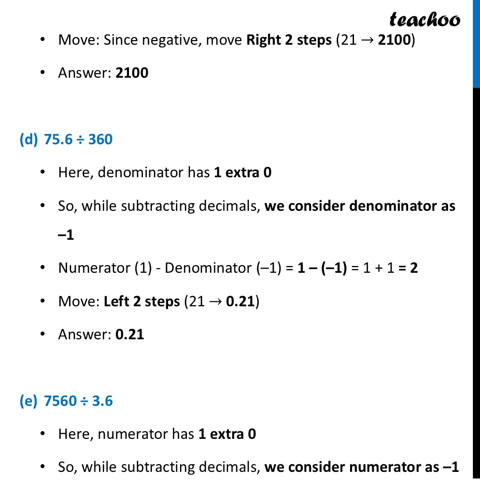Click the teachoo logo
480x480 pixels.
point(425,19)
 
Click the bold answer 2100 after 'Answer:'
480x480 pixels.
point(132,73)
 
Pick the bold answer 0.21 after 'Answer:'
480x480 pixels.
point(130,334)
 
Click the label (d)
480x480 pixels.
point(28,139)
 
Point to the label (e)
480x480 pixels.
point(28,401)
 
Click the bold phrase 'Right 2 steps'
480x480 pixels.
point(289,40)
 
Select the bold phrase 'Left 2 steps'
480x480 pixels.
point(142,301)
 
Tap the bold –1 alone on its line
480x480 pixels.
point(66,236)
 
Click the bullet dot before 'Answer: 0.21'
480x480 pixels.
point(44,334)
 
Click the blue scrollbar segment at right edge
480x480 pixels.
point(476,43)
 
